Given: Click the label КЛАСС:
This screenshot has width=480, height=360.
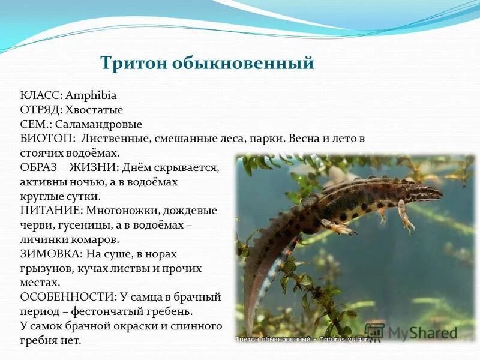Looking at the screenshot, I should [40, 95].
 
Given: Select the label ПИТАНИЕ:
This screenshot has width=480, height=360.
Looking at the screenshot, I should [51, 211].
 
